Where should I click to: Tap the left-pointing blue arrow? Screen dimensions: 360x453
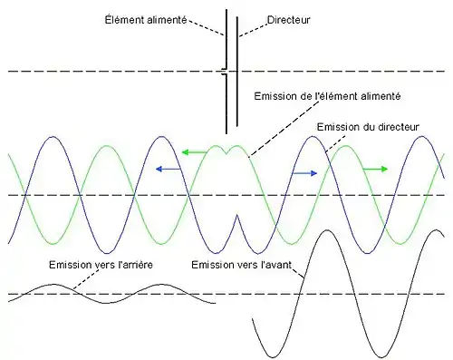pos(164,169)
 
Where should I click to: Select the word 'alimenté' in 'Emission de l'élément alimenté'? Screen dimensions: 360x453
pos(381,95)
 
